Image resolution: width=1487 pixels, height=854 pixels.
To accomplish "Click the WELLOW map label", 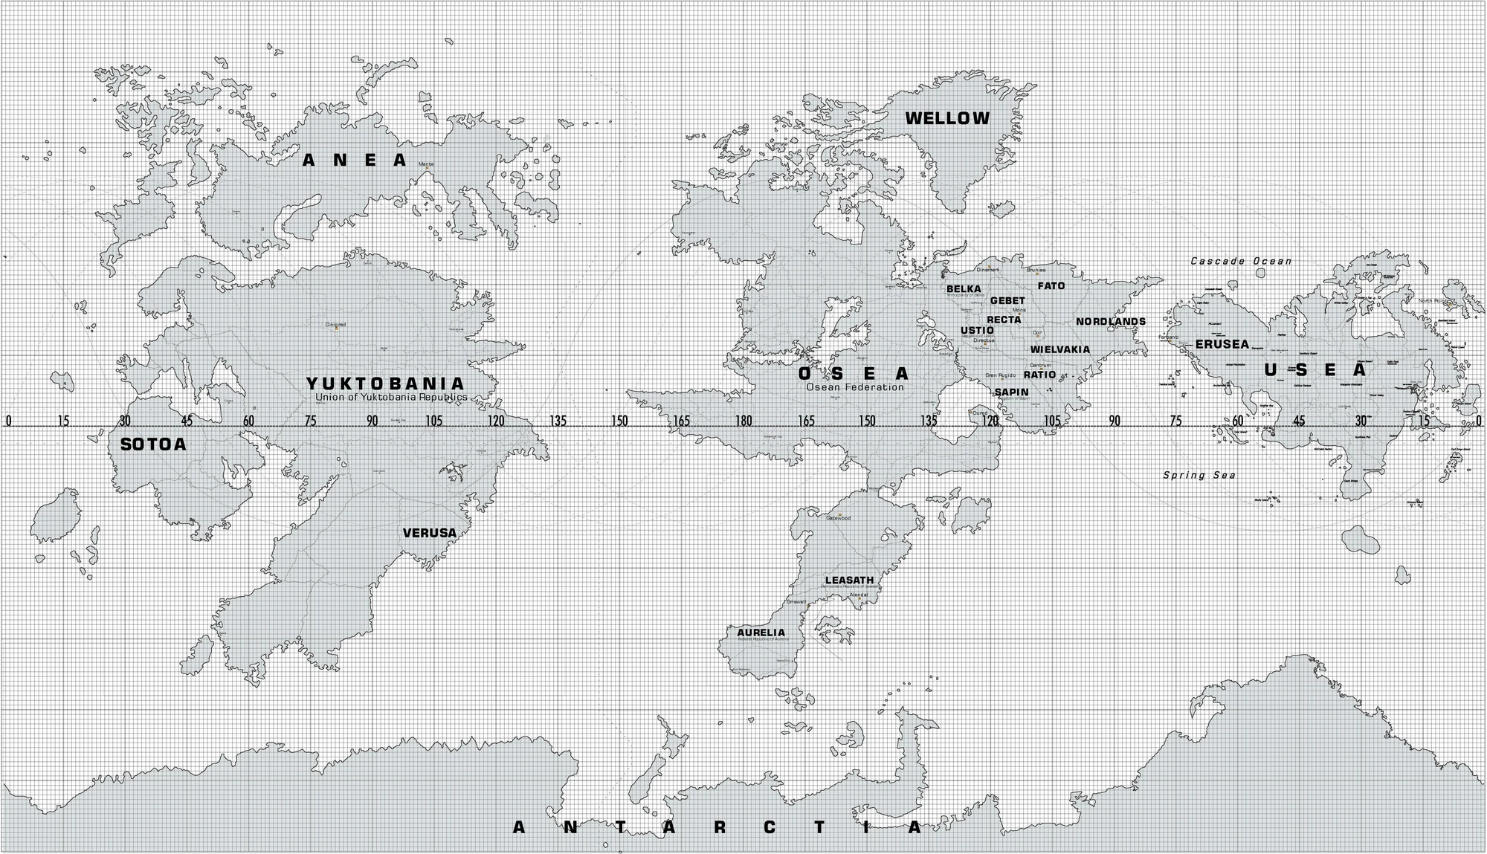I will (947, 118).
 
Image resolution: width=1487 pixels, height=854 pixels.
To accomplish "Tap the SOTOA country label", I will (153, 444).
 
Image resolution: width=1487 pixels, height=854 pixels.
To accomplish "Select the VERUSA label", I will (429, 533).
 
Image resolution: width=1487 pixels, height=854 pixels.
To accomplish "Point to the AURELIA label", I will (761, 633).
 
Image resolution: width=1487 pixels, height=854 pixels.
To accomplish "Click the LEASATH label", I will (849, 580).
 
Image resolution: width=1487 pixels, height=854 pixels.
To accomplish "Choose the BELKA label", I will (964, 288).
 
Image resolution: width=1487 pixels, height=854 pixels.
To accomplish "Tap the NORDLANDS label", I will (1111, 322).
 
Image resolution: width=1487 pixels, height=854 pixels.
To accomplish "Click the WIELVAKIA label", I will (1059, 349).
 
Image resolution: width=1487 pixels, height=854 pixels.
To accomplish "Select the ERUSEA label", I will (1222, 344).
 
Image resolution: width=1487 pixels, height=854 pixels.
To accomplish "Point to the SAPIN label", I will (1011, 392).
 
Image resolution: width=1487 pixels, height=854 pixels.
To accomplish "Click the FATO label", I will (1051, 285).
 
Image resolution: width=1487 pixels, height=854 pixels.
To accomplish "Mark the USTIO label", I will (976, 330).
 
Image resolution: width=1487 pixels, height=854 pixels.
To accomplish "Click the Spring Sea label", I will (1199, 475).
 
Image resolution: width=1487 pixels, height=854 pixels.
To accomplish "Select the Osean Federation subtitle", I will (855, 387).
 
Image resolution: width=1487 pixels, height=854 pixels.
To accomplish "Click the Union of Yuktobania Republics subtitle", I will (391, 398).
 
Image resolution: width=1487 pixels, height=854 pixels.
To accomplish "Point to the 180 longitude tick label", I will (743, 421).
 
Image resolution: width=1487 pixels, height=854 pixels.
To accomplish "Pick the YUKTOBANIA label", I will (386, 384).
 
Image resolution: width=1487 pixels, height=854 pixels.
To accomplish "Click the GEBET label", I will (1007, 301).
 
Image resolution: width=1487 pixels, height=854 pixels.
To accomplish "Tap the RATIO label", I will (1039, 375).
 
